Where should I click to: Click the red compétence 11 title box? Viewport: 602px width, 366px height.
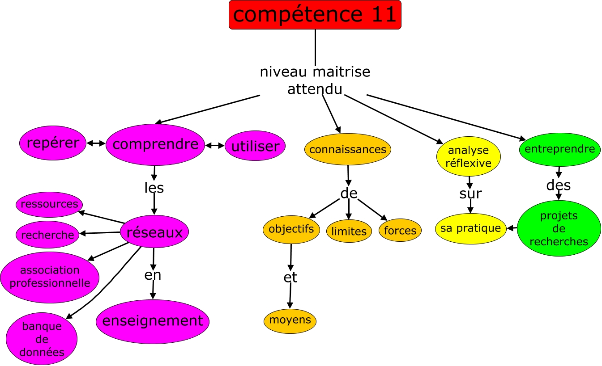(x=315, y=15)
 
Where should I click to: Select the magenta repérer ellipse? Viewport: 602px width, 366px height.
(x=53, y=143)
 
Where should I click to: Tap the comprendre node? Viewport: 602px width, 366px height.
(x=155, y=144)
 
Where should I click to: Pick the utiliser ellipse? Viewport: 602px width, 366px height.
(x=255, y=146)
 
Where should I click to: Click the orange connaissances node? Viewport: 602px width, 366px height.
(x=348, y=149)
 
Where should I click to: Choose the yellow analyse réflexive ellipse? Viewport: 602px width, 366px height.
(x=468, y=156)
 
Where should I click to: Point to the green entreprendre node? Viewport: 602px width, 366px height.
(x=559, y=149)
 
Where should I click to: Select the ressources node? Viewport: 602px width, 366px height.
(x=49, y=204)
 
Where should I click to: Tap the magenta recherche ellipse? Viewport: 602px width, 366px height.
(x=47, y=235)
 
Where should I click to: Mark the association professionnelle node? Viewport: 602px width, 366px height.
(x=50, y=277)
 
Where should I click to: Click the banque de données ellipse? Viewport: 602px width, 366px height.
(x=42, y=339)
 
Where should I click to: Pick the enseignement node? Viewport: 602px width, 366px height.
(x=153, y=320)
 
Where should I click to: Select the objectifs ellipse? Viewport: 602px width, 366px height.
(x=291, y=229)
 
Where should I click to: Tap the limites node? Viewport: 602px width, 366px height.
(x=349, y=231)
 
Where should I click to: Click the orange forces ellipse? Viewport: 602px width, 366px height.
(x=400, y=231)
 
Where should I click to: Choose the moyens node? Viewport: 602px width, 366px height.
(x=290, y=320)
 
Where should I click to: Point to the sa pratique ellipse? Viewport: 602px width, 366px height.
(x=470, y=228)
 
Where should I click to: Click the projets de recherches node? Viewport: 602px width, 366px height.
(x=559, y=228)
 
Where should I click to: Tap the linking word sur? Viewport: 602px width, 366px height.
(x=470, y=194)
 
